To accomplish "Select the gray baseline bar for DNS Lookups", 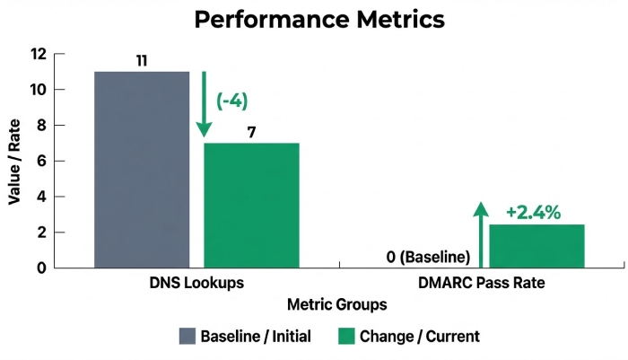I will (142, 170).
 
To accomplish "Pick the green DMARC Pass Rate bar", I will (536, 246).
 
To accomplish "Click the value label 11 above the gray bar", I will (142, 61).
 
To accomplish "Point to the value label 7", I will (252, 133).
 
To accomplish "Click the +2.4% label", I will (533, 213).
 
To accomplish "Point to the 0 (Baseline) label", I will (429, 258).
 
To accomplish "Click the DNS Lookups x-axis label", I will (196, 283).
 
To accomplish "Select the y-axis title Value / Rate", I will (15, 161).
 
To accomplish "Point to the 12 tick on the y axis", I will (38, 54).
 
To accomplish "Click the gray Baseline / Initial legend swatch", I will (187, 337).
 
